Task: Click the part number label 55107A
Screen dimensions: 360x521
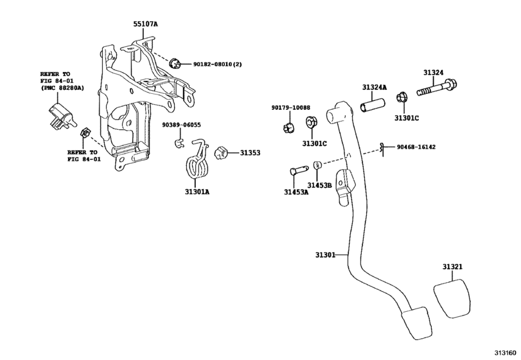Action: pyautogui.click(x=145, y=24)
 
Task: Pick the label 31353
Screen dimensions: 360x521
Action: pyautogui.click(x=250, y=153)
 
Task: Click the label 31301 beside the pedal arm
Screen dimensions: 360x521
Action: pyautogui.click(x=325, y=255)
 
